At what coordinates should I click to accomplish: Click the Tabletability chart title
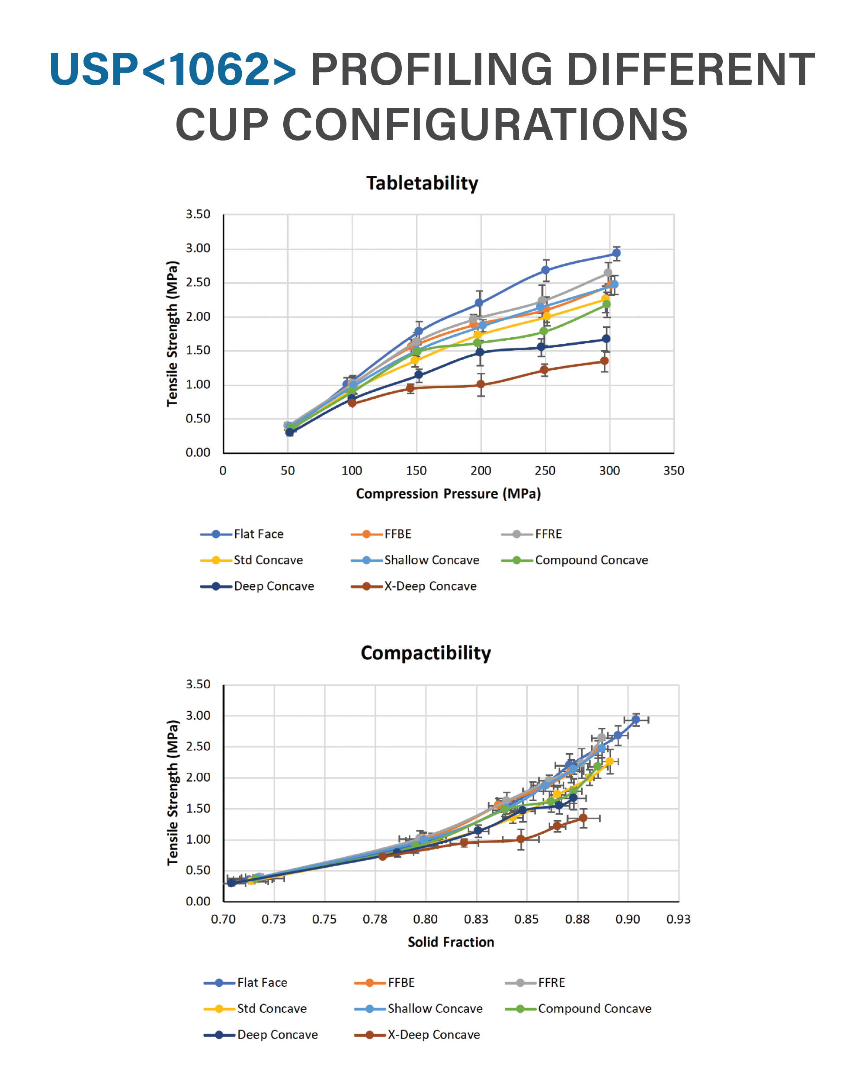[x=422, y=183]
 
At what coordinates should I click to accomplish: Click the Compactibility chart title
[x=426, y=653]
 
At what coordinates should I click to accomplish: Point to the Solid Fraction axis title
[x=450, y=942]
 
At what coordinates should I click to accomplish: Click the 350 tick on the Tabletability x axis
[x=673, y=471]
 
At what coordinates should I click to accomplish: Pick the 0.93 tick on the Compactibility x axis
[x=678, y=919]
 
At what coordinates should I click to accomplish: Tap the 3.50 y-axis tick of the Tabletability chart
[x=198, y=214]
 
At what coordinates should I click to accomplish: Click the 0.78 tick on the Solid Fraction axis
[x=375, y=919]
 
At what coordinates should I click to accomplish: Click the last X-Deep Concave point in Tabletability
[x=604, y=361]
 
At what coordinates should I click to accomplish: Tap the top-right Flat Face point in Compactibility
[x=635, y=720]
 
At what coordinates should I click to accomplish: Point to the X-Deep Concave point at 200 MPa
[x=481, y=384]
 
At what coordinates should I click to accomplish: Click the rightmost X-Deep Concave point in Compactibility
[x=583, y=818]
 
